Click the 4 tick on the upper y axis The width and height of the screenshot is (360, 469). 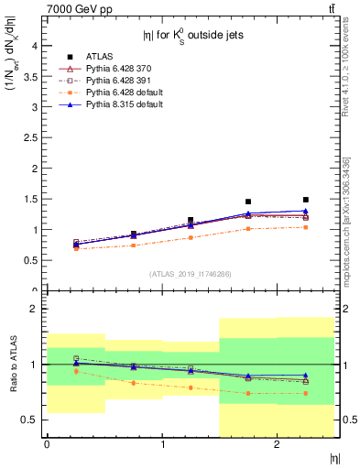(34, 45)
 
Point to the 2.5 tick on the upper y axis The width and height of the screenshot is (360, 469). (30, 137)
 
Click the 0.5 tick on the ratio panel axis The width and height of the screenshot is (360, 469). (30, 420)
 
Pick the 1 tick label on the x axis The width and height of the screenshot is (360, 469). (163, 444)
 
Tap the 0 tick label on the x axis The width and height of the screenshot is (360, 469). (47, 444)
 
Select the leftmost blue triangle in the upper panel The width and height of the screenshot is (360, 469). (76, 245)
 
